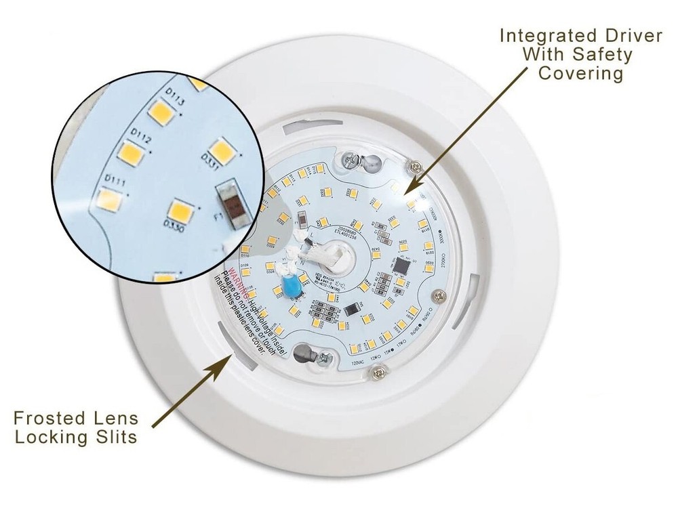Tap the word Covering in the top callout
pyautogui.click(x=580, y=73)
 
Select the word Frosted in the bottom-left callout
pyautogui.click(x=55, y=417)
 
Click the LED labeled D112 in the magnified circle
pyautogui.click(x=133, y=154)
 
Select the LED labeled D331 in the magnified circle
pyautogui.click(x=220, y=150)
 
